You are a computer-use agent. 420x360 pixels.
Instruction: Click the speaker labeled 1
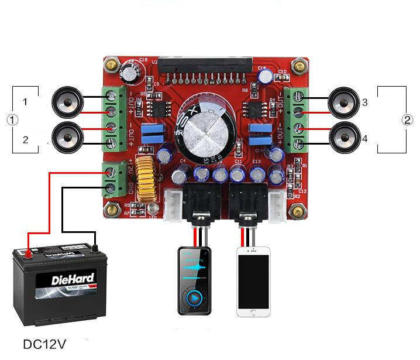tap(68, 103)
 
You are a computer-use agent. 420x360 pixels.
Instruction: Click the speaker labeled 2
tap(68, 139)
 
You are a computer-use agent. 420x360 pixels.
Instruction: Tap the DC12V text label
tap(44, 344)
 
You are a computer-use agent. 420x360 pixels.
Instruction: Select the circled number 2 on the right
tap(408, 120)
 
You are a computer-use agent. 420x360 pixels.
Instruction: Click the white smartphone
tap(253, 282)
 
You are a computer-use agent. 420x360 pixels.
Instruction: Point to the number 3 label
tap(364, 102)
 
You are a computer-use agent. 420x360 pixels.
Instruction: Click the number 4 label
tap(364, 139)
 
